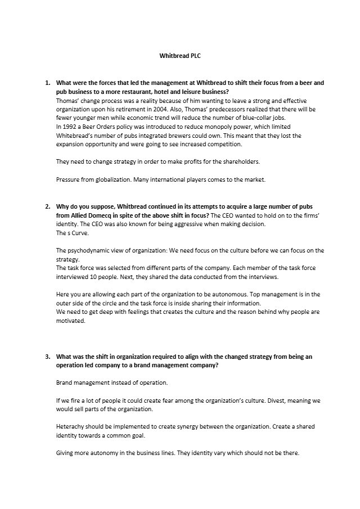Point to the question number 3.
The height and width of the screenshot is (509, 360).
pyautogui.click(x=47, y=357)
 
